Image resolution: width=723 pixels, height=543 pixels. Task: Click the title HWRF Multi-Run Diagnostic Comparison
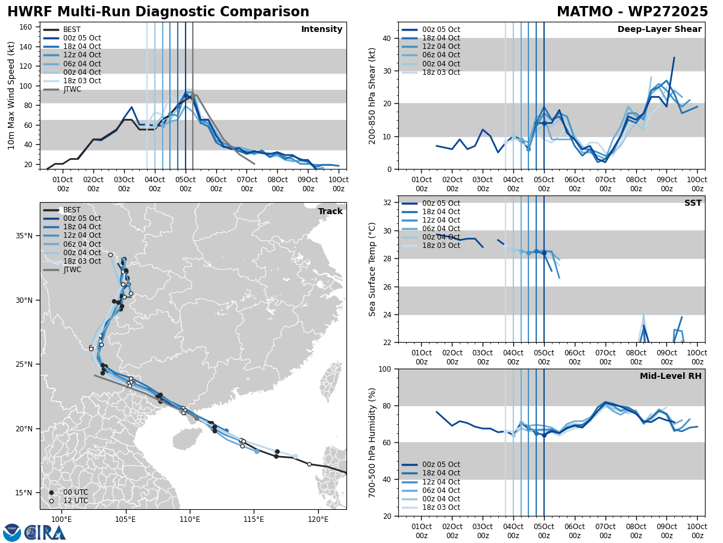tap(158, 12)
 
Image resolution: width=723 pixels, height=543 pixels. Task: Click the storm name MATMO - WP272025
tap(632, 12)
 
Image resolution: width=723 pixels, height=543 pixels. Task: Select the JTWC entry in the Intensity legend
tap(72, 89)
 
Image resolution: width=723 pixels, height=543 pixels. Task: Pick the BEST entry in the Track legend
tap(72, 210)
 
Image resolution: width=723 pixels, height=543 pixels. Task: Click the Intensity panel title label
tap(322, 30)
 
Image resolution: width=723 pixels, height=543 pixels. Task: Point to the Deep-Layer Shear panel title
tap(659, 30)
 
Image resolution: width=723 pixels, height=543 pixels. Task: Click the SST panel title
tap(693, 203)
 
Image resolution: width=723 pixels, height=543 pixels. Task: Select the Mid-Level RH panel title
tap(671, 376)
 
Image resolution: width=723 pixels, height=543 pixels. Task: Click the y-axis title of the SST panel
tap(372, 269)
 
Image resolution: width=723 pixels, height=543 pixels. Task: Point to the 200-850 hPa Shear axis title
tap(372, 96)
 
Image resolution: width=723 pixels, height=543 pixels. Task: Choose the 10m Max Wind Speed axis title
tap(11, 96)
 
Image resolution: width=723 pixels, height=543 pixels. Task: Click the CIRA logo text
tap(45, 533)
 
